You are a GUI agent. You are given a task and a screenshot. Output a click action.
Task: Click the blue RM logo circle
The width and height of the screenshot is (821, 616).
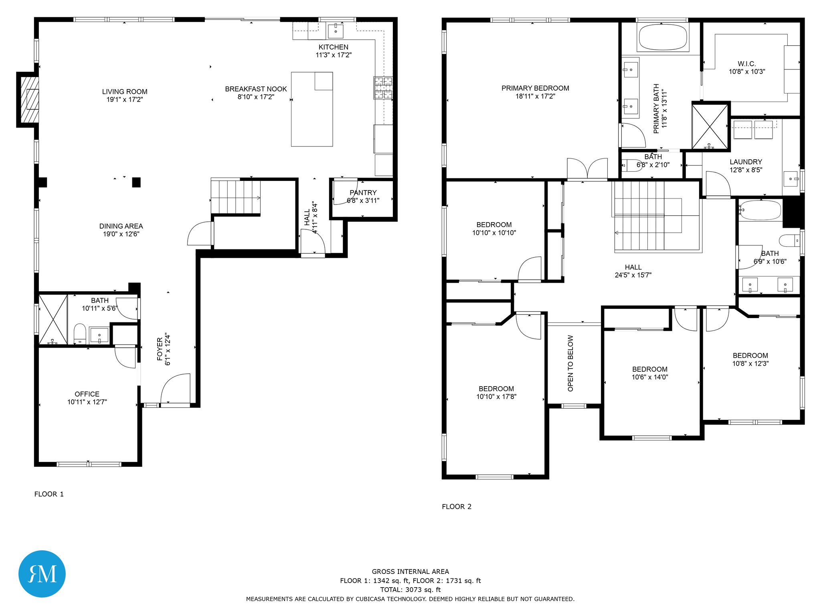click(x=42, y=574)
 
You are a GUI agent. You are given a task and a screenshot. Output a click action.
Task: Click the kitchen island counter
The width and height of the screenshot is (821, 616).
click(x=312, y=109)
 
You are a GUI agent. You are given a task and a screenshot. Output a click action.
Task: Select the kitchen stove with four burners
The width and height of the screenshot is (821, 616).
click(x=383, y=87)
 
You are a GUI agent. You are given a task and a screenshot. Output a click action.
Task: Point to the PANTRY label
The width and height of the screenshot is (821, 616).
click(x=363, y=192)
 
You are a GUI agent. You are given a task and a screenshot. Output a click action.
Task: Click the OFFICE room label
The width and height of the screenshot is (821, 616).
click(x=87, y=394)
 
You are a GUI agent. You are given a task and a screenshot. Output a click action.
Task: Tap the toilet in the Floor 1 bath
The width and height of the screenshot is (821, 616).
click(x=80, y=334)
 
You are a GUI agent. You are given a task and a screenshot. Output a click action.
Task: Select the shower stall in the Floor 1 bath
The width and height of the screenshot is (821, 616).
click(x=53, y=320)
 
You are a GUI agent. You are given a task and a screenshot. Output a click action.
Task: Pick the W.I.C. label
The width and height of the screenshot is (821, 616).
click(x=747, y=64)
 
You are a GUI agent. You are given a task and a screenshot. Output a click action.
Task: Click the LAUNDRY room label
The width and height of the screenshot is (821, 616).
click(x=746, y=162)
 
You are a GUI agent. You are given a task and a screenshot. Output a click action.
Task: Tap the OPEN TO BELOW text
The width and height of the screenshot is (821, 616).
click(x=570, y=363)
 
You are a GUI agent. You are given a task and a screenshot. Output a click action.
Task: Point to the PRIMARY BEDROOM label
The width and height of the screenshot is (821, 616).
click(x=535, y=88)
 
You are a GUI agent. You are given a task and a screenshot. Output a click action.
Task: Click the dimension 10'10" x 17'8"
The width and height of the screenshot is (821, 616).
click(x=496, y=397)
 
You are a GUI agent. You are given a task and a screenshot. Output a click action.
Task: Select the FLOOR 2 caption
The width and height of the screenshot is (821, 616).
click(x=457, y=507)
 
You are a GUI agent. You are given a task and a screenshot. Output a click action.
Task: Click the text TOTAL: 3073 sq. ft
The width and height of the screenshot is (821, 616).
click(x=410, y=590)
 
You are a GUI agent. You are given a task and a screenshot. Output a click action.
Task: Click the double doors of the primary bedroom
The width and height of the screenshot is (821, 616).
click(x=587, y=168)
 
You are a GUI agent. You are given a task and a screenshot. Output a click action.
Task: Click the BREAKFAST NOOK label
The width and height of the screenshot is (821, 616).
click(x=256, y=89)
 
